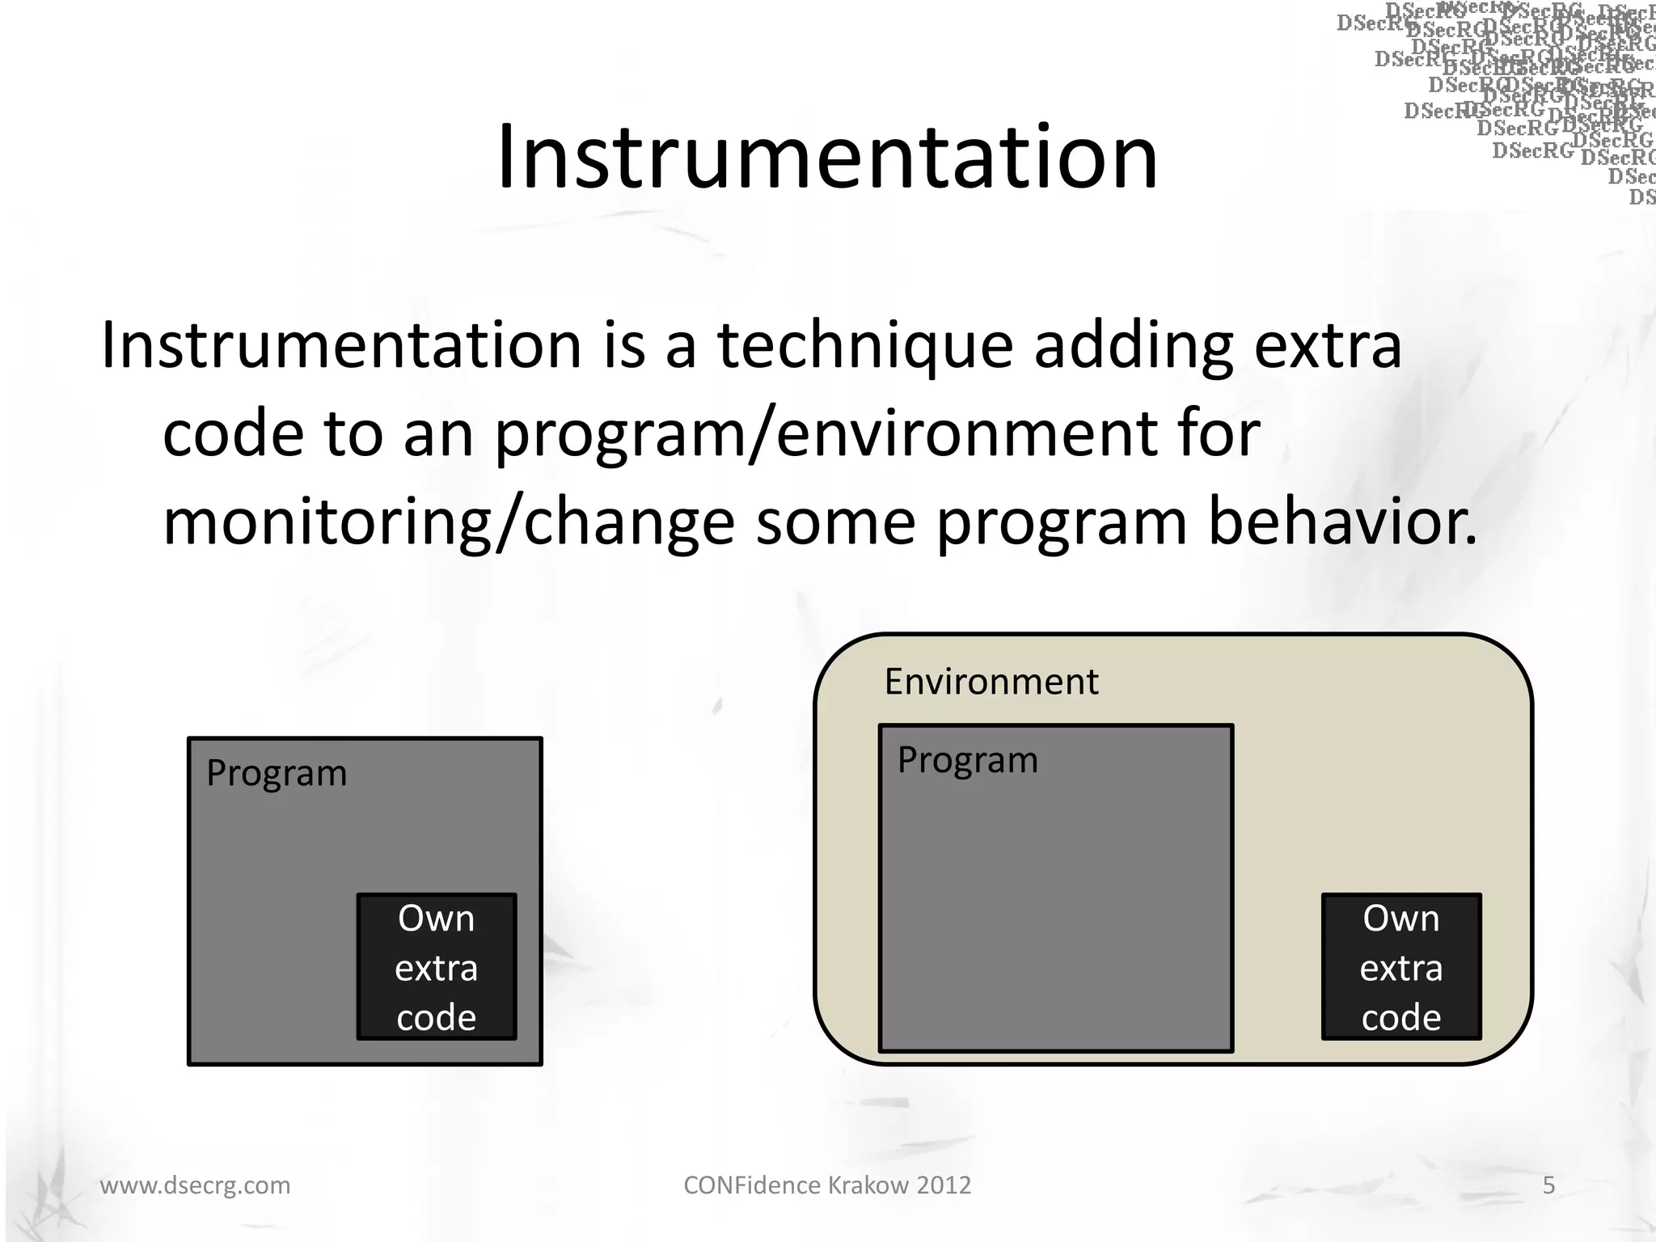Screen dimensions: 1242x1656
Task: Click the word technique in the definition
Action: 865,346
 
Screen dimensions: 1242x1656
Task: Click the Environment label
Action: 991,682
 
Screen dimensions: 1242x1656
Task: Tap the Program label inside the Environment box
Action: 967,760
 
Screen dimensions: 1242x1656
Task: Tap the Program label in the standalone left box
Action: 276,773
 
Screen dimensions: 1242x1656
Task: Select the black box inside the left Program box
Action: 437,967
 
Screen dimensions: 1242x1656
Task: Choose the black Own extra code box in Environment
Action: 1400,967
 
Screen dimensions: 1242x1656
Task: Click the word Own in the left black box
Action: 436,919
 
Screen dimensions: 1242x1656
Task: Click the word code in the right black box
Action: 1400,1017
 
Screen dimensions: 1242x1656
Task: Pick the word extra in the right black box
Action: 1400,968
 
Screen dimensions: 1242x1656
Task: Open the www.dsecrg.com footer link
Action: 195,1185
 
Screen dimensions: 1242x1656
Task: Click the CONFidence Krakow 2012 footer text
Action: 827,1185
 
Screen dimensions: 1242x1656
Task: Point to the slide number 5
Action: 1548,1185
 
